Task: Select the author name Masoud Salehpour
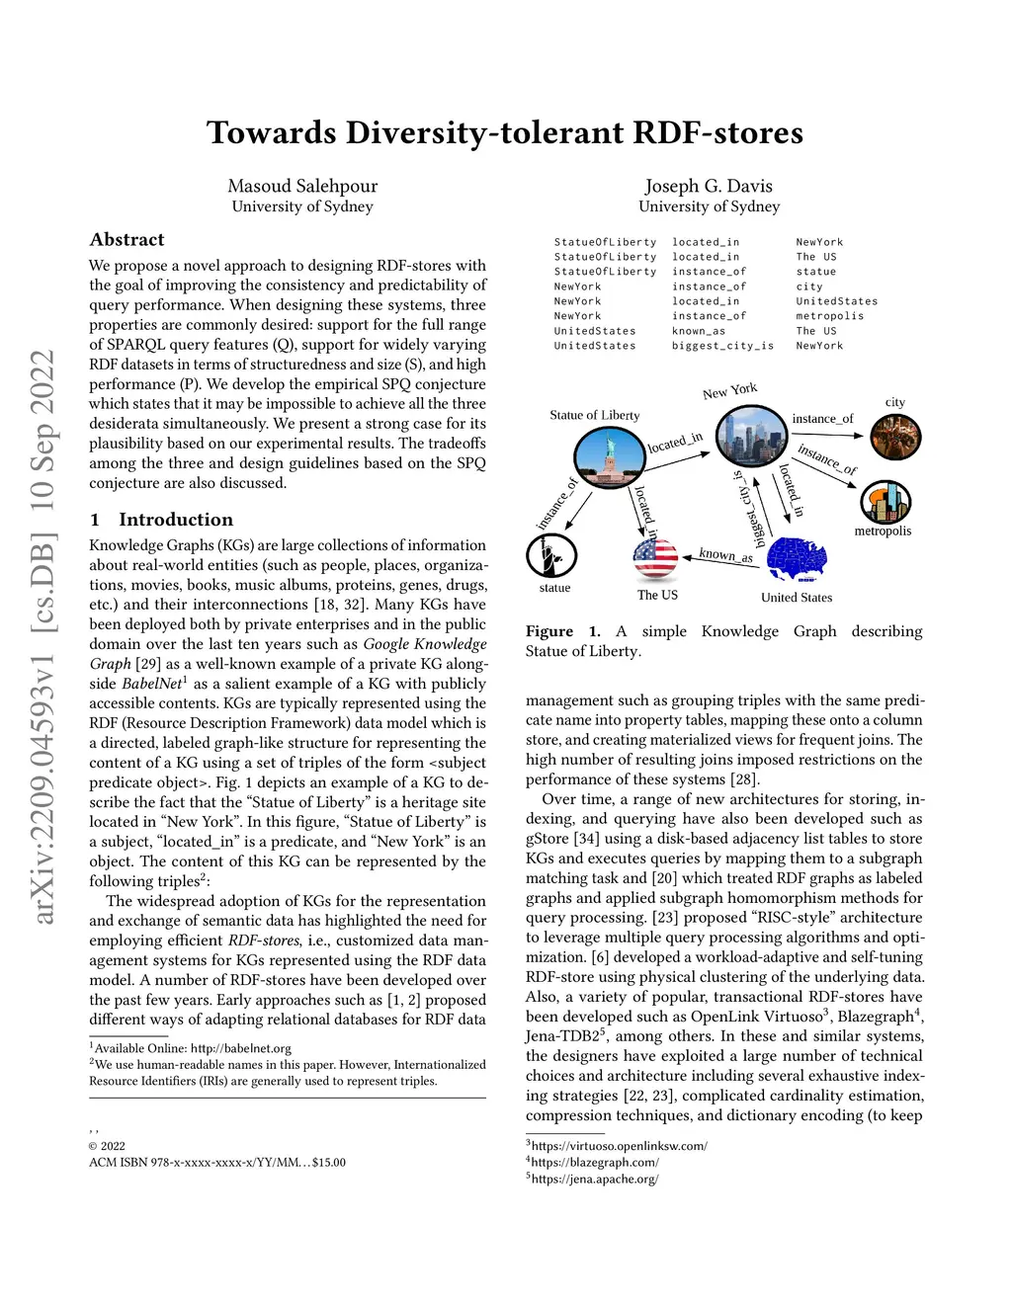point(302,186)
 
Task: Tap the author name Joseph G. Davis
point(709,186)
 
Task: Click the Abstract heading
point(126,240)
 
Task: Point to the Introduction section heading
point(176,520)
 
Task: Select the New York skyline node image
point(749,436)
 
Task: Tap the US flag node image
point(655,558)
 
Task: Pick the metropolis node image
point(885,502)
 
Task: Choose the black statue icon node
point(551,556)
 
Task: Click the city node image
point(894,437)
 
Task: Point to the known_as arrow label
point(725,555)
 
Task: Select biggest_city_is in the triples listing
point(722,346)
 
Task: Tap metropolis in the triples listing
point(830,316)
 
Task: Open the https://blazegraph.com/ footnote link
point(595,1163)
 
